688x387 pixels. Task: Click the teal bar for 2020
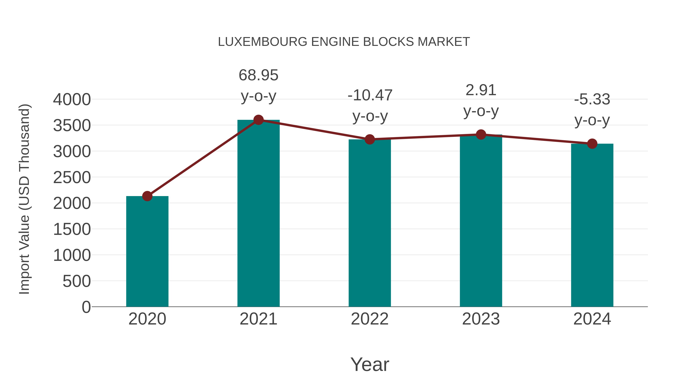click(x=147, y=251)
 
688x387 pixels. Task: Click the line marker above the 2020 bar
click(x=147, y=196)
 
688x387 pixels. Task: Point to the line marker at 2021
click(x=258, y=120)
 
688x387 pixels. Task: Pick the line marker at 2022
click(x=370, y=139)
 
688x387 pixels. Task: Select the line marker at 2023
click(x=481, y=135)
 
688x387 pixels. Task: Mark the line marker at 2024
click(x=592, y=144)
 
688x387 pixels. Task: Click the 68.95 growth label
click(x=258, y=75)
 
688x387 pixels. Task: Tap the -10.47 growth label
click(x=370, y=95)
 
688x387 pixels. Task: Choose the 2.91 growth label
click(x=481, y=90)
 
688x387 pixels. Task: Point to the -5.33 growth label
click(x=592, y=99)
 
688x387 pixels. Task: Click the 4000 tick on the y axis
click(x=72, y=100)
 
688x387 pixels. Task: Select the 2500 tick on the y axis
click(x=72, y=178)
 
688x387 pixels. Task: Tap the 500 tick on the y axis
click(x=76, y=281)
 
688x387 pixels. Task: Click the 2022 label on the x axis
click(x=370, y=319)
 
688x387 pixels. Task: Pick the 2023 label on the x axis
click(x=481, y=319)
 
